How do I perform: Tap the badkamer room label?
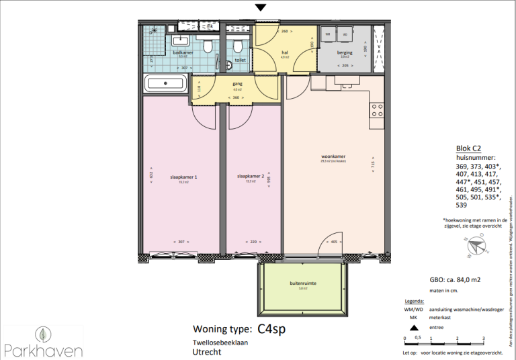tap(183, 52)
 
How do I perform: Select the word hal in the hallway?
tap(286, 52)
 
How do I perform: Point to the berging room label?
tap(345, 52)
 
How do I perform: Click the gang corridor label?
tap(236, 84)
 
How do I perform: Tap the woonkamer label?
tap(333, 157)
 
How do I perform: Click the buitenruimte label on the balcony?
tap(303, 283)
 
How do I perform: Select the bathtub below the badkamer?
tap(166, 85)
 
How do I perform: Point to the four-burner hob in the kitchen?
tap(378, 110)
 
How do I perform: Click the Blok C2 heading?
tap(468, 149)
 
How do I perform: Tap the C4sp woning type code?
tap(275, 329)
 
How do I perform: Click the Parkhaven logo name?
tap(43, 350)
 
